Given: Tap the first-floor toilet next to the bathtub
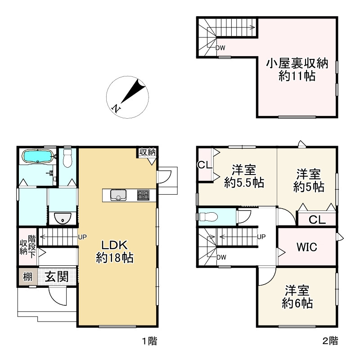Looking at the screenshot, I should (67, 158).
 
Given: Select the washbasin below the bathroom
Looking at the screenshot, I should (61, 219).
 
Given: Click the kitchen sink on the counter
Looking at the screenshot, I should (119, 195).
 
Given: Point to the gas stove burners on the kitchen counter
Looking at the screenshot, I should (143, 195).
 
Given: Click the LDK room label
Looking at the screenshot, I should (115, 246).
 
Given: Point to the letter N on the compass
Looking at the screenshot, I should (117, 108).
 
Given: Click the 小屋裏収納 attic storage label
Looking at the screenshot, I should (297, 63).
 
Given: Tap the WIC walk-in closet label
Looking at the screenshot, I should (306, 247).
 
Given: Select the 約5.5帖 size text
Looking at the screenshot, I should (244, 183).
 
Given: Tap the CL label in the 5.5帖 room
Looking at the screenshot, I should (205, 165).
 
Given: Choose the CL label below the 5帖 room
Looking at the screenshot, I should (317, 220).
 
